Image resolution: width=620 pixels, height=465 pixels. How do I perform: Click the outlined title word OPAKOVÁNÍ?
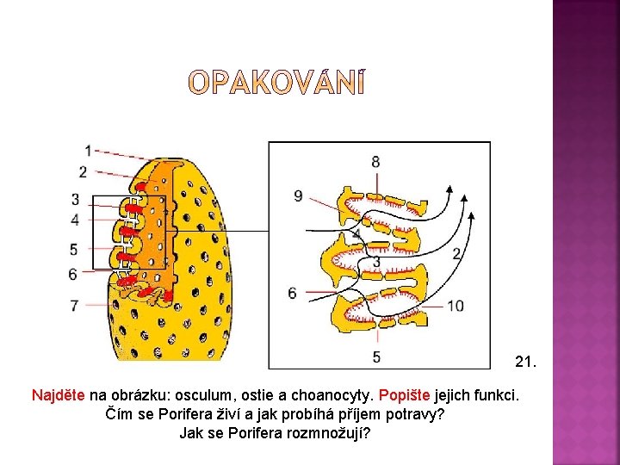[276, 83]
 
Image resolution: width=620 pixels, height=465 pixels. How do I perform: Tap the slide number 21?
[524, 362]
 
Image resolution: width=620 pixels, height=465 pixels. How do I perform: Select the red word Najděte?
[59, 396]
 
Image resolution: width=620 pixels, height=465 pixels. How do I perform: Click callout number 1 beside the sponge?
[89, 152]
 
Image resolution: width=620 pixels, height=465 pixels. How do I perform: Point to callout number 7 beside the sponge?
[75, 305]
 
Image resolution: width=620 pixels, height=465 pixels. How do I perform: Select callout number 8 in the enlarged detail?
[375, 161]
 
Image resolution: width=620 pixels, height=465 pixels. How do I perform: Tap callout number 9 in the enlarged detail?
[298, 196]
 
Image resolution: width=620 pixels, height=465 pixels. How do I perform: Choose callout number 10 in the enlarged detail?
[455, 306]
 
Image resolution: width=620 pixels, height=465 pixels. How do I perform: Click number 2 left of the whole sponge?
[83, 171]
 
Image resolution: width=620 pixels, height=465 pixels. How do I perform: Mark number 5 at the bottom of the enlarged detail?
[376, 356]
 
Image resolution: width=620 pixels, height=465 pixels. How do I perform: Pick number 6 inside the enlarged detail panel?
[293, 294]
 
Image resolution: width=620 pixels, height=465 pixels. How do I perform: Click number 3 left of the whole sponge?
[76, 200]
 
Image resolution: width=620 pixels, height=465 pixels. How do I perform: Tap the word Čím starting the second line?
[120, 414]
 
